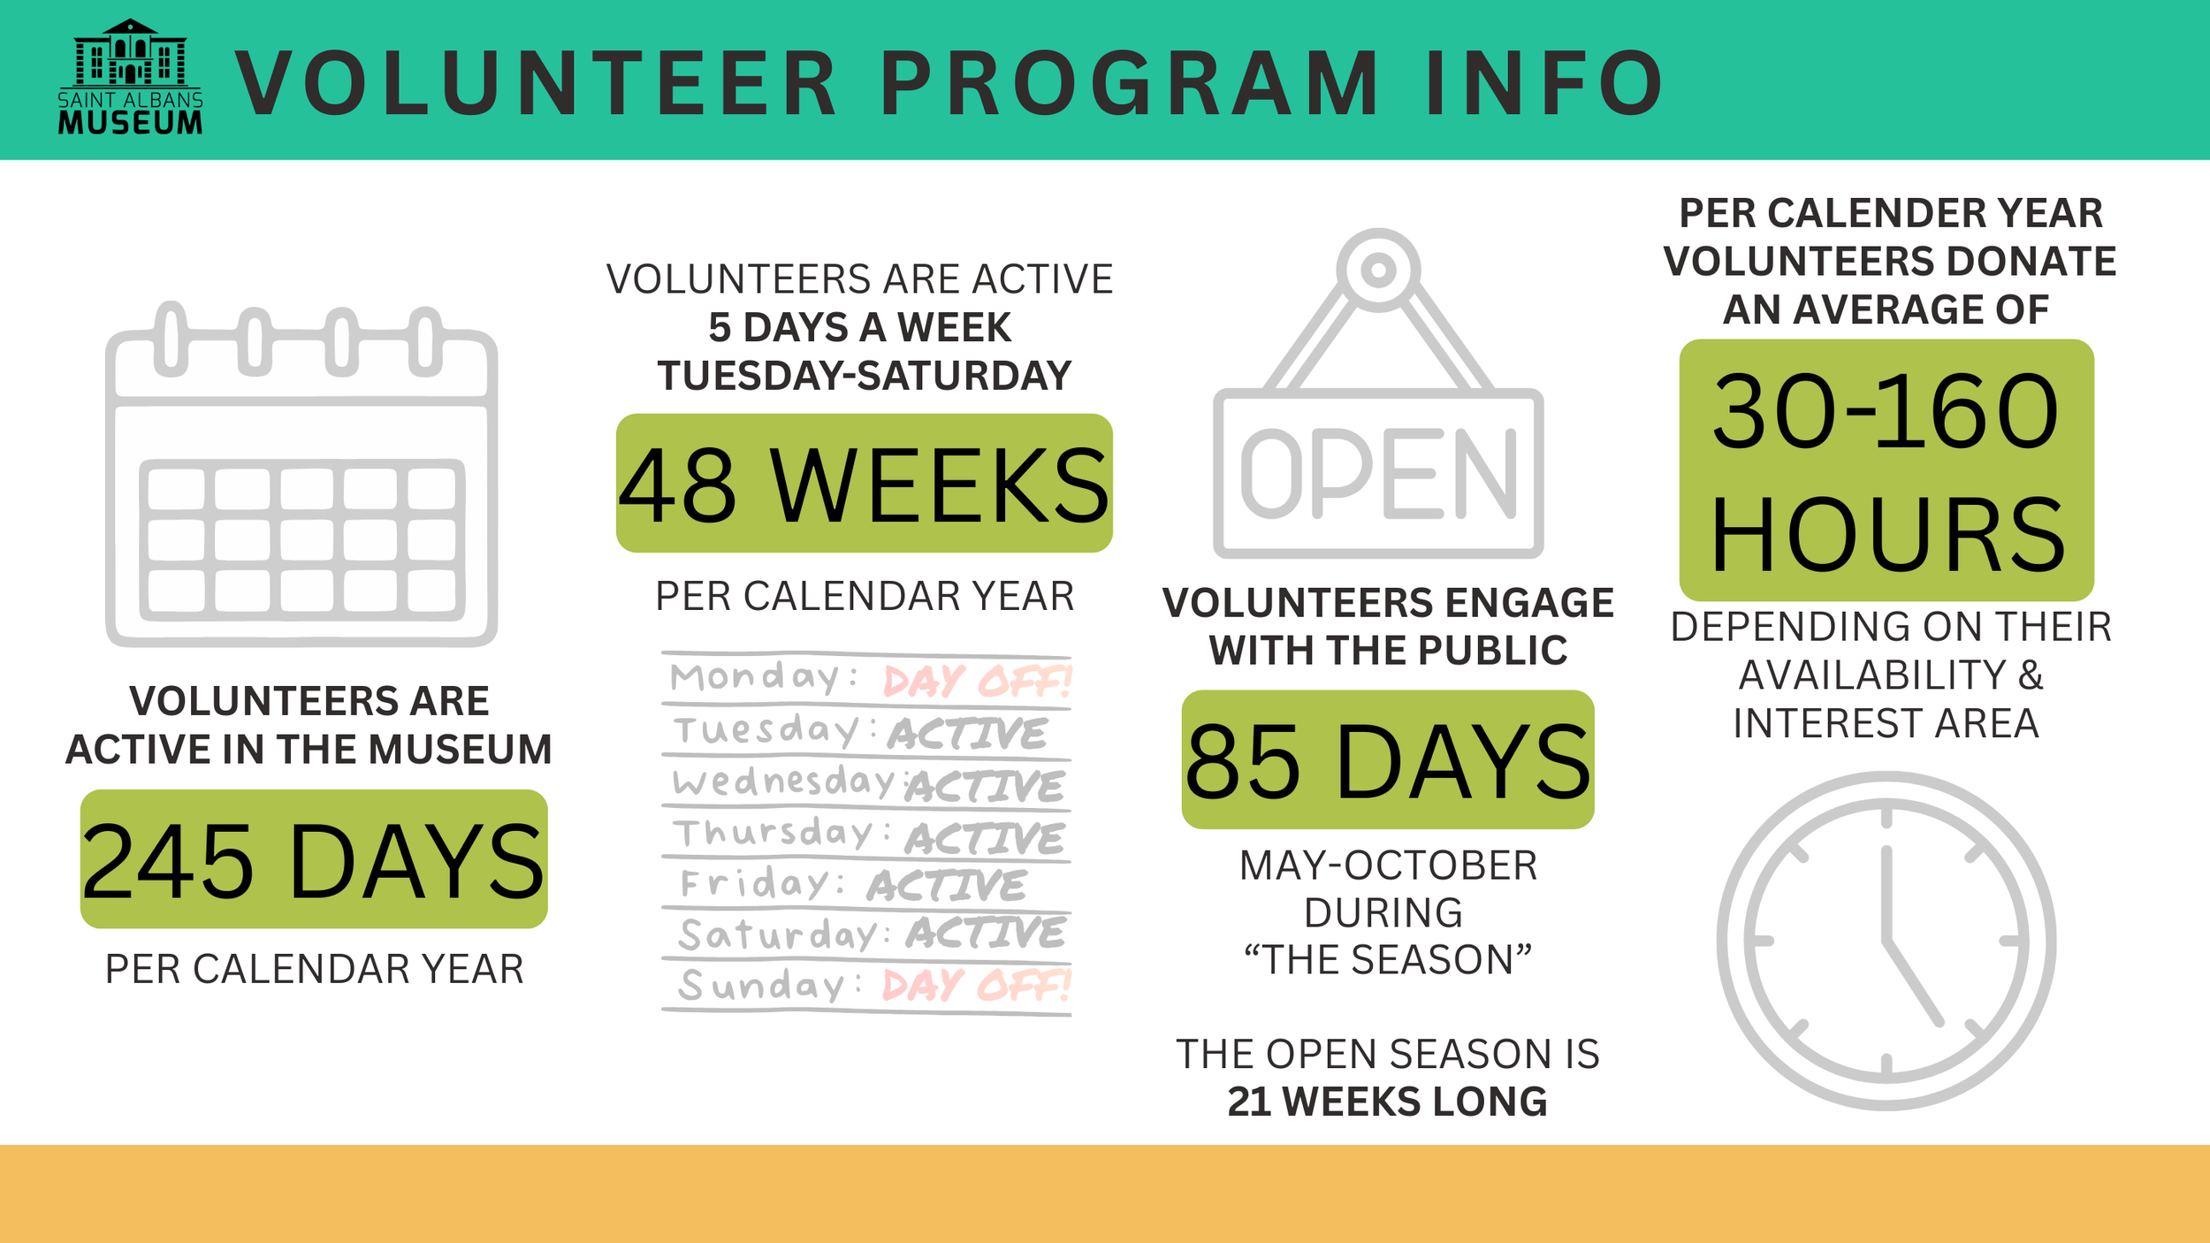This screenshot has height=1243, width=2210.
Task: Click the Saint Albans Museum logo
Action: pos(130,77)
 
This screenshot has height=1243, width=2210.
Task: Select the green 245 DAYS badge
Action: pos(314,858)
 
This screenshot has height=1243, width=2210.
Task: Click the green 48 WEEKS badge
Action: pos(864,483)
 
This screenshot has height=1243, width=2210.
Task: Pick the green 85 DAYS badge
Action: pos(1388,759)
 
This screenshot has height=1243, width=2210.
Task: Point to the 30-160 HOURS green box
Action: pos(1886,470)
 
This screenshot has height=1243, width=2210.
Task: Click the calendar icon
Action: pos(301,475)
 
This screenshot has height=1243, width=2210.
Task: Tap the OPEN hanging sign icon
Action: pos(1378,393)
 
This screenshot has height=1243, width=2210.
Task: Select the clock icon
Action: pos(1886,941)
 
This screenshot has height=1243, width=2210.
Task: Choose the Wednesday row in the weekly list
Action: pos(868,783)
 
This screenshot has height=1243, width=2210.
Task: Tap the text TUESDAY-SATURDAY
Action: pos(864,376)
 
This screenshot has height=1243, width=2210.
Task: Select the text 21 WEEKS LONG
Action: pos(1387,1102)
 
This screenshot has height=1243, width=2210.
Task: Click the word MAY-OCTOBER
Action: pos(1388,866)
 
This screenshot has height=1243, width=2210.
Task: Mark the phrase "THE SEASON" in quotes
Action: pos(1387,959)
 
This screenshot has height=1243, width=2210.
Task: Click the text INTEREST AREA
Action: pos(1886,723)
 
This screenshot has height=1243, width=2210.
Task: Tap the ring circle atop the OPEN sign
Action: pos(1378,270)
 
